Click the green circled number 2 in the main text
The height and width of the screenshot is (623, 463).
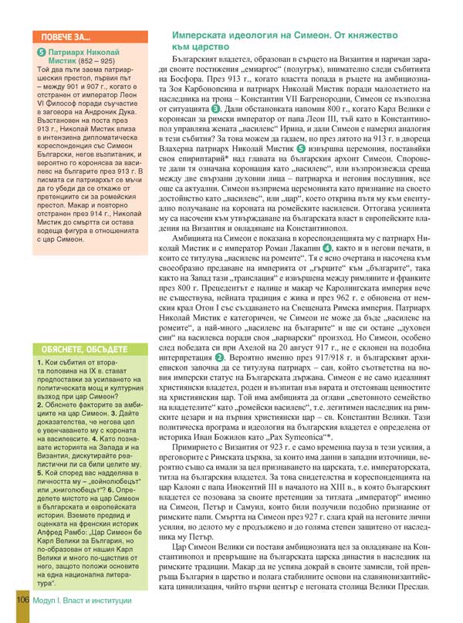point(220,357)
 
